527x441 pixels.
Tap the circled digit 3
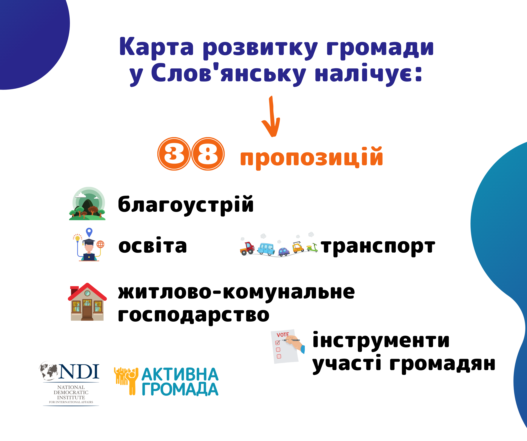tap(174, 154)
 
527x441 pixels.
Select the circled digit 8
tap(208, 154)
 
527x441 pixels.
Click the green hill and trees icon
tap(87, 204)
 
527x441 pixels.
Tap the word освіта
tap(152, 245)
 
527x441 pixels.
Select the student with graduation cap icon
tap(88, 245)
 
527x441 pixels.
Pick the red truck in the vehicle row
tap(247, 248)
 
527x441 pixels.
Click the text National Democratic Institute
tap(71, 392)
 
